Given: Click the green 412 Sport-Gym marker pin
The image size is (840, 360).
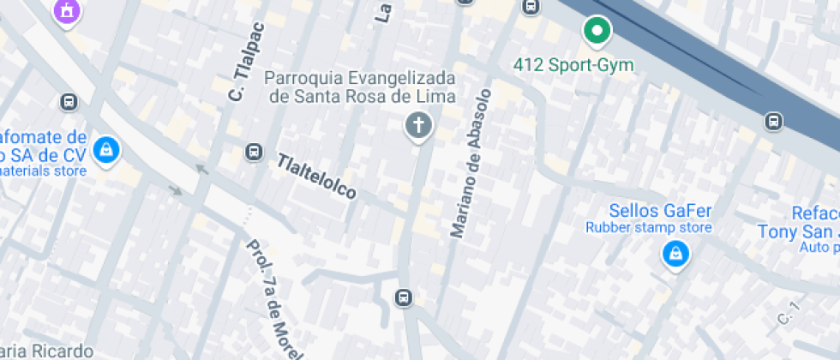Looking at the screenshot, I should pyautogui.click(x=597, y=32).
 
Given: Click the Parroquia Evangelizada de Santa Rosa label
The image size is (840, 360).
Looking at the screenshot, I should pyautogui.click(x=360, y=87).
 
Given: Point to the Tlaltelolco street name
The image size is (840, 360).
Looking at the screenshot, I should pyautogui.click(x=316, y=177).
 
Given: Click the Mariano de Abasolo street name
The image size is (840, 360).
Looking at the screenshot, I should pyautogui.click(x=472, y=162).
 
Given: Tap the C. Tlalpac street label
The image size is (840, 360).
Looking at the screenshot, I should pyautogui.click(x=248, y=61).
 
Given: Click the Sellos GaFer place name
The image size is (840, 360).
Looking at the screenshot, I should pyautogui.click(x=660, y=210).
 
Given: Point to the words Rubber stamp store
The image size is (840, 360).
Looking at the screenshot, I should pyautogui.click(x=648, y=227).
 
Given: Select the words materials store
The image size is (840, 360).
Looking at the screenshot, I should pyautogui.click(x=43, y=171).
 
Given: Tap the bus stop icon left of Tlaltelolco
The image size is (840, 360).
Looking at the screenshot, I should pyautogui.click(x=253, y=152).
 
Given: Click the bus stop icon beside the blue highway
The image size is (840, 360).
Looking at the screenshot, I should pyautogui.click(x=774, y=121).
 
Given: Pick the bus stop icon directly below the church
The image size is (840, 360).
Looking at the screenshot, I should pyautogui.click(x=402, y=297).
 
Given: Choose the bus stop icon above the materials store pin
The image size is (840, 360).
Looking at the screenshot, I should pyautogui.click(x=69, y=102).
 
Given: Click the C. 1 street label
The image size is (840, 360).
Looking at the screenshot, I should pyautogui.click(x=788, y=314).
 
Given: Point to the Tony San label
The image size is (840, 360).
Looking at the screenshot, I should pyautogui.click(x=797, y=231).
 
